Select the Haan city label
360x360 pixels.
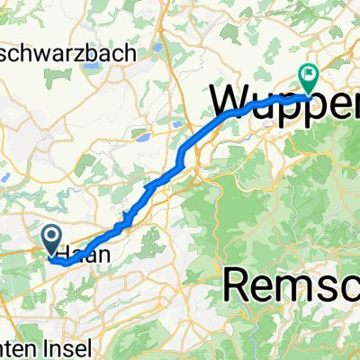tap(86, 255)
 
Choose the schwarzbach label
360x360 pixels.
tap(82, 53)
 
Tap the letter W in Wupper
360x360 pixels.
tap(229, 95)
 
